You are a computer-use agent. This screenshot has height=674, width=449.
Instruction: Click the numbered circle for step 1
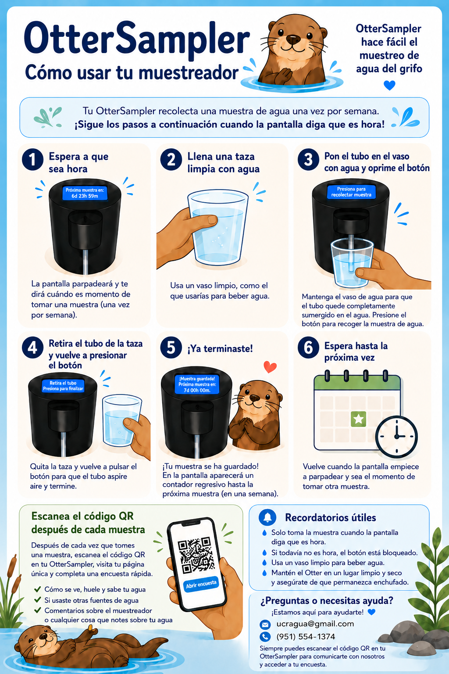click(x=33, y=160)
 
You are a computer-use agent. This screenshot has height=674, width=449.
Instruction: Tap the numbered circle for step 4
click(x=33, y=348)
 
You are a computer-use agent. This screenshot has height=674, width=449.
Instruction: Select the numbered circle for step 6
click(x=309, y=348)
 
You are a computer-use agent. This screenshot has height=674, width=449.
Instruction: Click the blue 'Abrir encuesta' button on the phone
click(x=201, y=584)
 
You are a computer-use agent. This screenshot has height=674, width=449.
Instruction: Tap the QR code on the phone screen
click(x=196, y=555)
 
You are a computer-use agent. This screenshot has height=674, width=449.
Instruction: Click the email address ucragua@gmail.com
click(x=315, y=624)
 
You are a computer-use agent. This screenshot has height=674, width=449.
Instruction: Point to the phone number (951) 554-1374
click(x=306, y=637)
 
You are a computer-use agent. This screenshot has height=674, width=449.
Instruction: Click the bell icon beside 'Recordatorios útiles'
click(x=267, y=517)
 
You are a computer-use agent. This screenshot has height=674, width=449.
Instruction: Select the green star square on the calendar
click(x=359, y=419)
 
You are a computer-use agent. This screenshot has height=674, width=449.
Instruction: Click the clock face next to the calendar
click(x=397, y=436)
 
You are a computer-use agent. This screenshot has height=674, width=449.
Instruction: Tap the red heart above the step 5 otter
click(x=270, y=367)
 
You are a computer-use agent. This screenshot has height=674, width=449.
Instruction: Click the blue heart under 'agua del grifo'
click(x=389, y=86)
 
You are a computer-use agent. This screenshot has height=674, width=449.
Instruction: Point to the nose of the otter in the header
click(x=293, y=39)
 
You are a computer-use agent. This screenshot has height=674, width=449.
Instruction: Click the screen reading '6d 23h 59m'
click(x=85, y=193)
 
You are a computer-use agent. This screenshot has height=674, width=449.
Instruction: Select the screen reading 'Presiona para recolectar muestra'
click(x=351, y=192)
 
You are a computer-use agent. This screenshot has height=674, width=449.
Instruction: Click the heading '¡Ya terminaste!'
click(x=220, y=349)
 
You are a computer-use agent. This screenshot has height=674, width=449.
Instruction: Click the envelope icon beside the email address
click(x=265, y=625)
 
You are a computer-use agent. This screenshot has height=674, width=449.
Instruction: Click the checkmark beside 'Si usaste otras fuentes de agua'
click(x=38, y=600)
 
